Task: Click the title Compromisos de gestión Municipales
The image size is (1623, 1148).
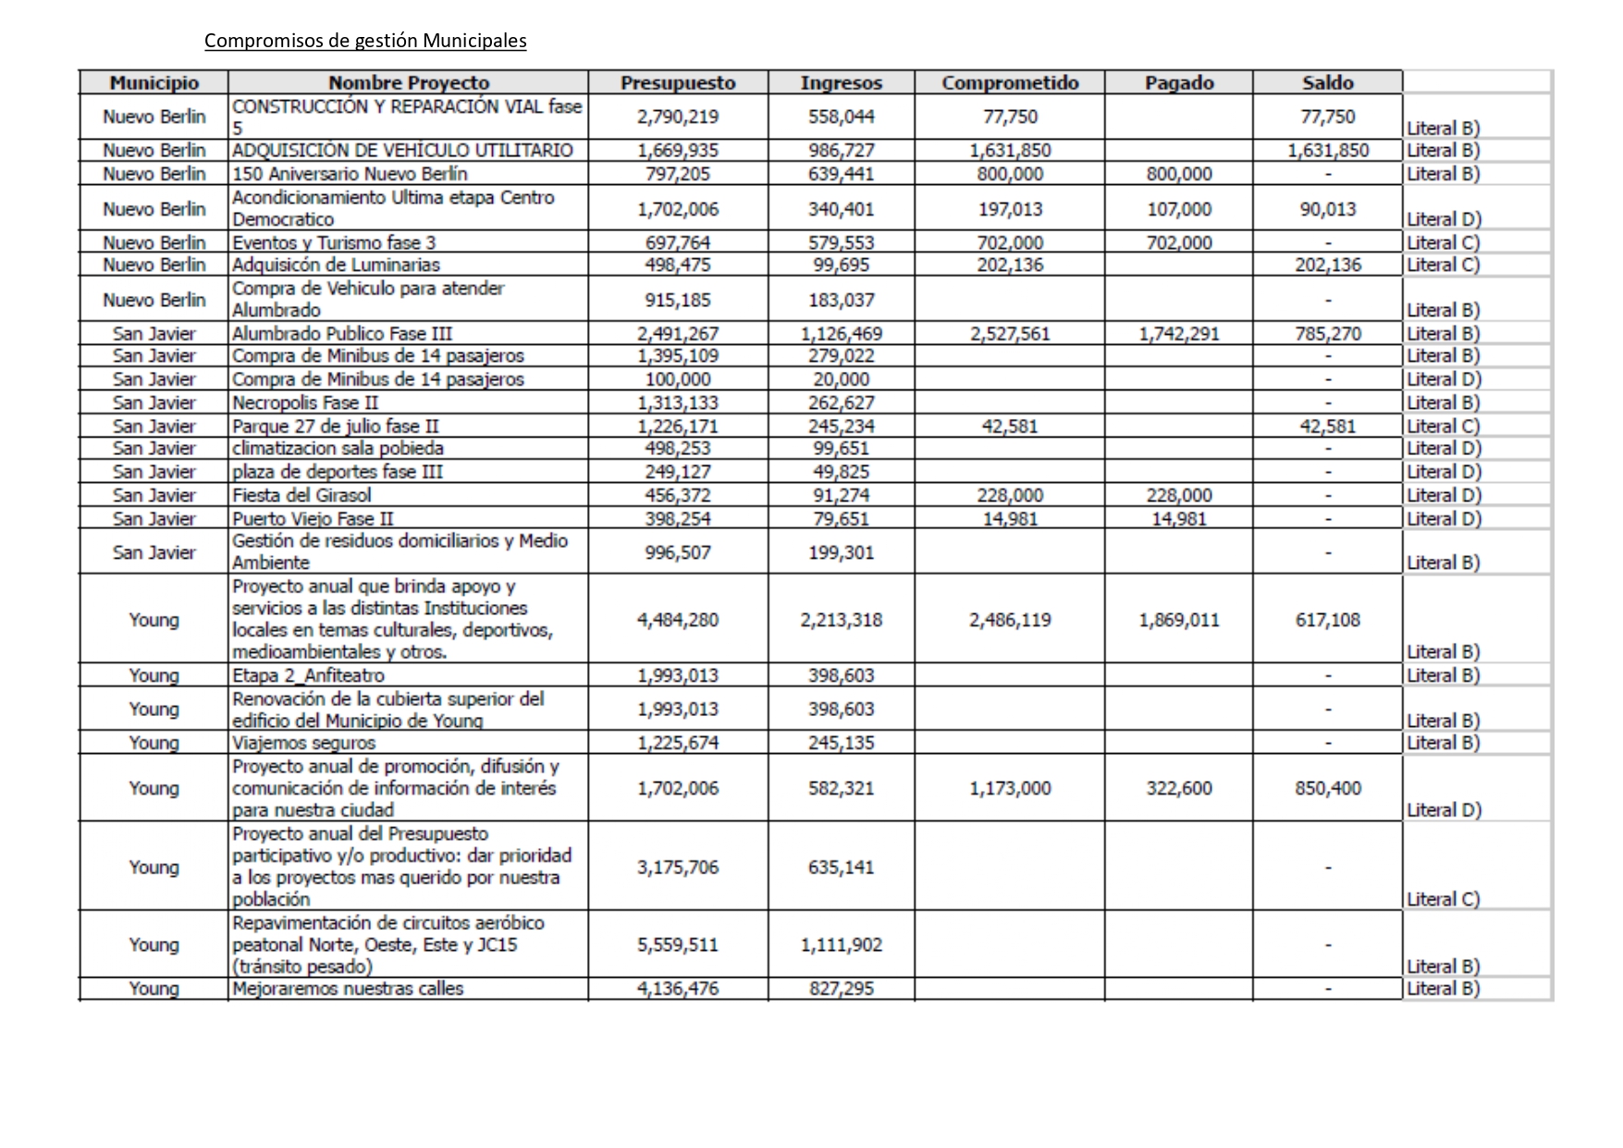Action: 365,41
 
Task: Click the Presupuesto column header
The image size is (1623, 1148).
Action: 678,82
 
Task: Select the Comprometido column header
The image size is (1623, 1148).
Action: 1010,82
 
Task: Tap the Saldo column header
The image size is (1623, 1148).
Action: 1327,82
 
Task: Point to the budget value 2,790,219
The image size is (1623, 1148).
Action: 678,117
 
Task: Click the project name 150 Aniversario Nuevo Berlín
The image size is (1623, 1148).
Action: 350,174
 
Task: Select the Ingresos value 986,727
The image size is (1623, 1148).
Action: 841,150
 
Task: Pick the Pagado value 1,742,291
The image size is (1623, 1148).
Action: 1179,334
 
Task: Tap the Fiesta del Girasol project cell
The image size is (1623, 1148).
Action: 301,496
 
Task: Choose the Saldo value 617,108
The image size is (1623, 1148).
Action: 1327,620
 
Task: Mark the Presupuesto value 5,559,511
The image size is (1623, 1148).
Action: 678,944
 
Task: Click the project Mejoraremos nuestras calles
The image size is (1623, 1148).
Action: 348,988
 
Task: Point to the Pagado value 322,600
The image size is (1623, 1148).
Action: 1179,788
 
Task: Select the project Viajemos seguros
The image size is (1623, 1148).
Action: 303,743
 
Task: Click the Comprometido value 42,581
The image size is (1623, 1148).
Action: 1010,426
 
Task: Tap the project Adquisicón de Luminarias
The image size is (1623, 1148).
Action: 336,265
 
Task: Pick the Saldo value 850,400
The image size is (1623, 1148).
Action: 1327,788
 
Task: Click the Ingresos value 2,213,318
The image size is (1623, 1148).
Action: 841,620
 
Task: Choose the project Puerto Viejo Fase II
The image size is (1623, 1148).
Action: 313,519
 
